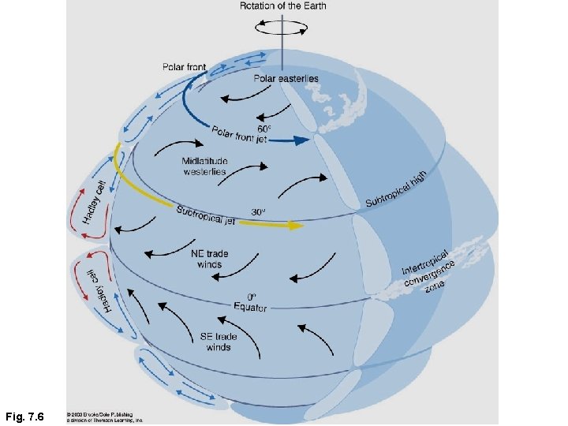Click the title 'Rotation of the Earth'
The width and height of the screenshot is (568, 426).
282,7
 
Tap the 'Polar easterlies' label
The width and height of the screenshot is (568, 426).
286,78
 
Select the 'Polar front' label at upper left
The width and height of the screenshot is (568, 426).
184,67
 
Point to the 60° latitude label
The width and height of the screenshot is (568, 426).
264,128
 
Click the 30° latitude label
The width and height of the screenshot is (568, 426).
258,212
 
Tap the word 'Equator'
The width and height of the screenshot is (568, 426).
250,307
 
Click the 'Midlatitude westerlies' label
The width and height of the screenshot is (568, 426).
204,166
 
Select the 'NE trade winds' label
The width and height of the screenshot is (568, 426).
208,259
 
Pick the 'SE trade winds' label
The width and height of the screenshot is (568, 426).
219,342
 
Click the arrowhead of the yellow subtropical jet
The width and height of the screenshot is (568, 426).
297,226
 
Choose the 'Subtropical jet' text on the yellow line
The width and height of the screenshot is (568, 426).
205,215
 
